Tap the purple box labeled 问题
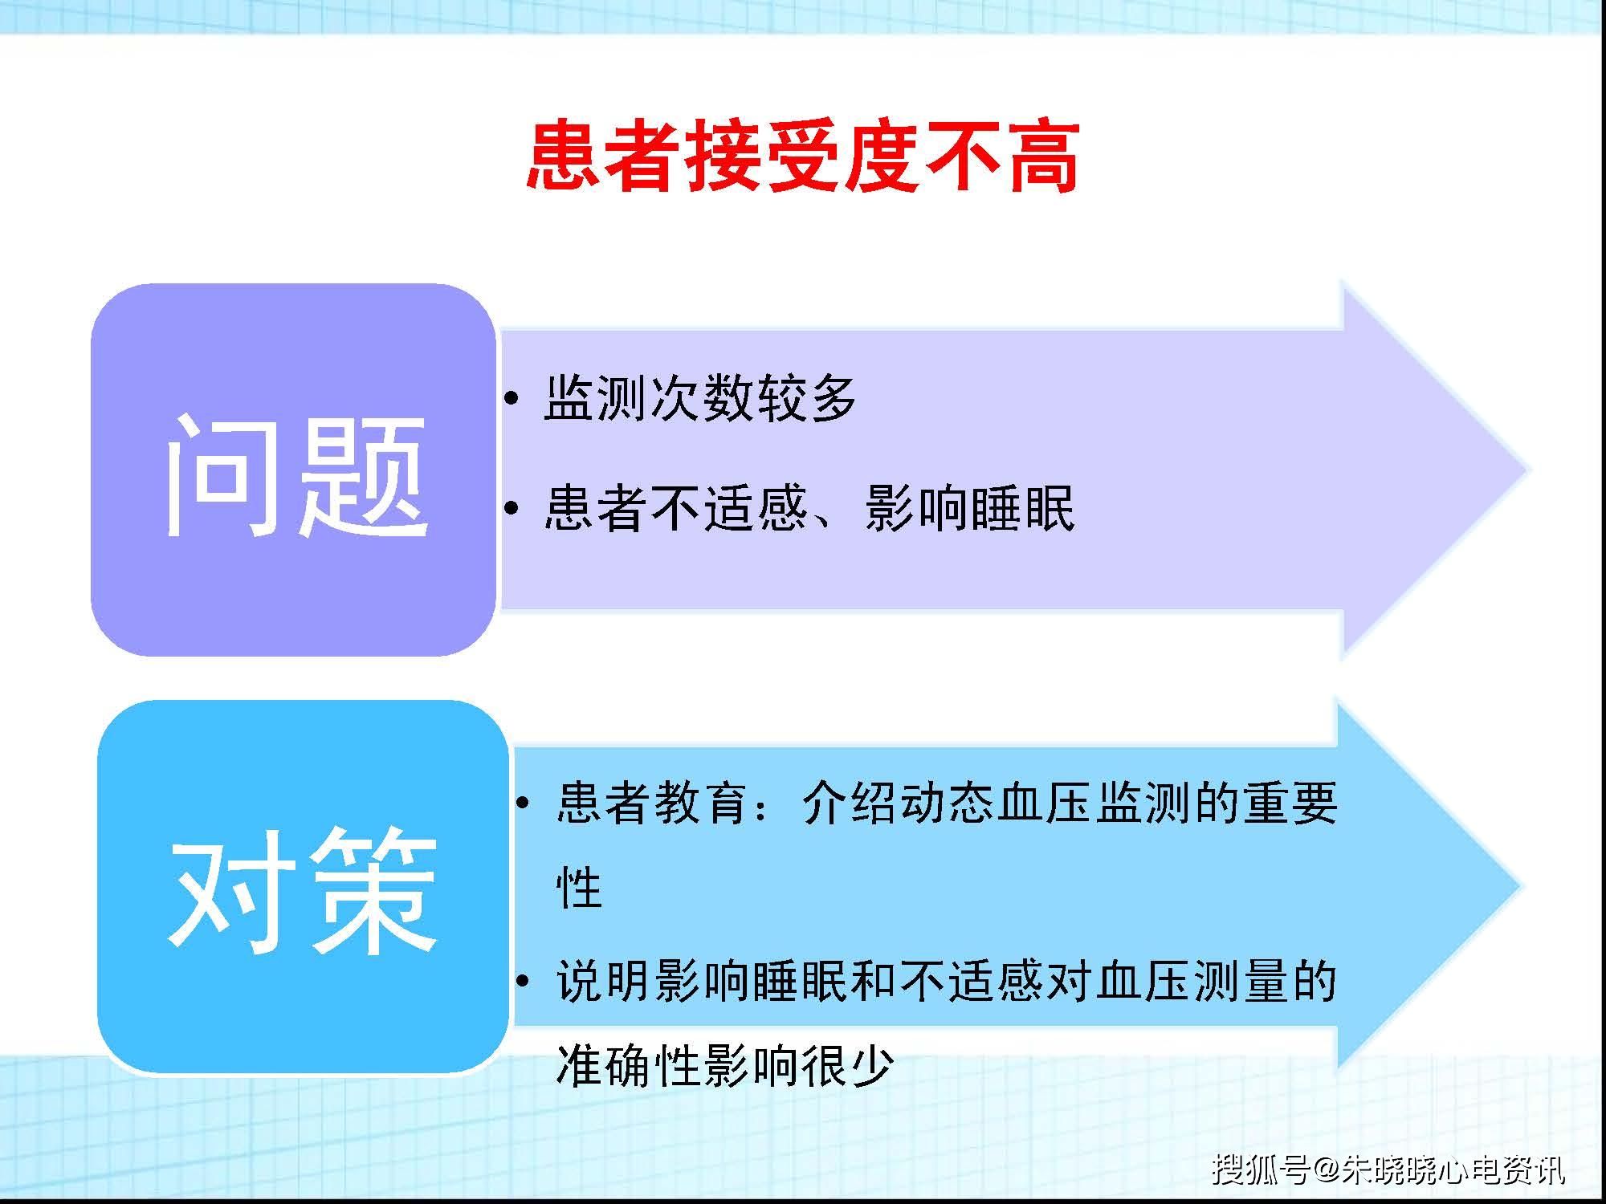click(293, 470)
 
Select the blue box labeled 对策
click(303, 887)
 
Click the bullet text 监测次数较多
click(700, 398)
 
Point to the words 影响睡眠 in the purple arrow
click(969, 508)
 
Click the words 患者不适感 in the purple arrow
click(675, 508)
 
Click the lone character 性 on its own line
click(579, 889)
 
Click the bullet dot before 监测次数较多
click(513, 399)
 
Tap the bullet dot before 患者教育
click(524, 803)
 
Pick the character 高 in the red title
click(1042, 157)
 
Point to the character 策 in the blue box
click(373, 891)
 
